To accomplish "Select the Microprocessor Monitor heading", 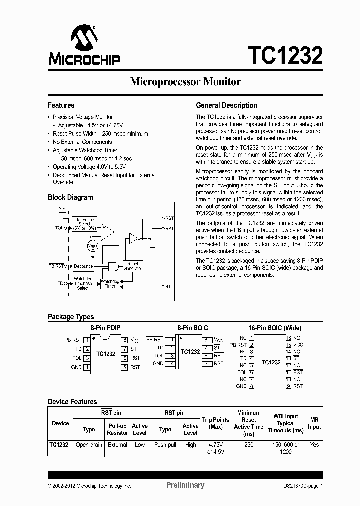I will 185,82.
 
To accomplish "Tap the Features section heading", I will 61,106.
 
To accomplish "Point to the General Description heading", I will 226,106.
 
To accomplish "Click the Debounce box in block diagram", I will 83,266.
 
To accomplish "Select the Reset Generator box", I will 133,266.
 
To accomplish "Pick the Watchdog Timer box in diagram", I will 111,283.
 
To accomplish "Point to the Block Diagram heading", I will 70,197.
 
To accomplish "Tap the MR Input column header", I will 314,423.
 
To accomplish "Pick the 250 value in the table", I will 248,444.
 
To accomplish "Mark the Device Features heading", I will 72,402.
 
